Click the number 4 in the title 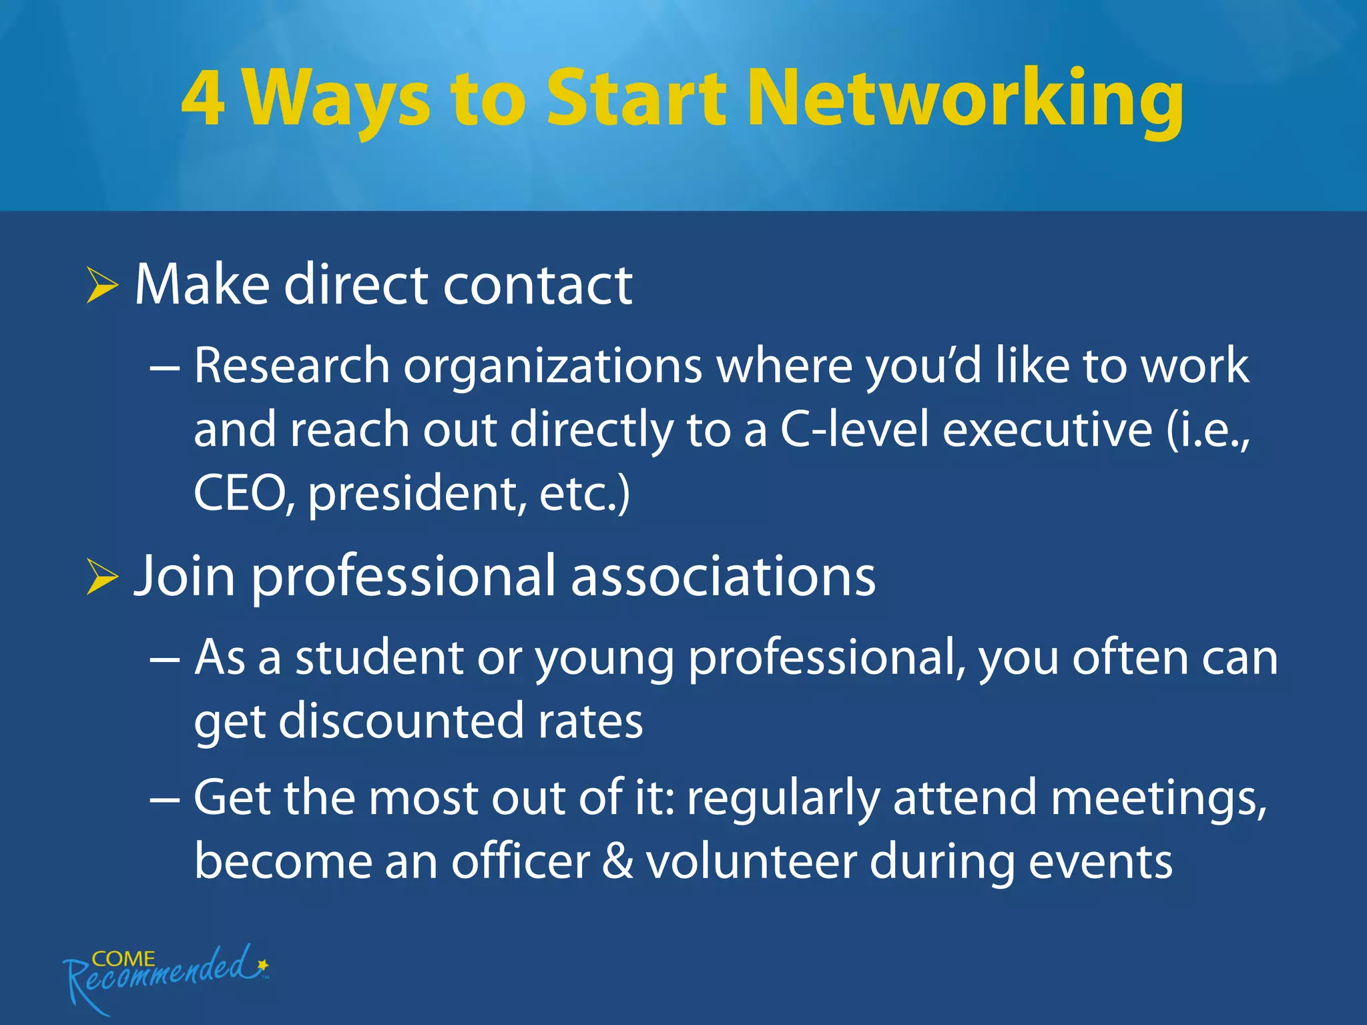(202, 98)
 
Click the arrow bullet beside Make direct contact (102, 287)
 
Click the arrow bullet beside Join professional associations (102, 577)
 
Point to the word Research (292, 366)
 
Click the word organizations (553, 369)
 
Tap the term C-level (854, 430)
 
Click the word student (380, 658)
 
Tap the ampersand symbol (617, 862)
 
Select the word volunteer (751, 862)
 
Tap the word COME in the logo (123, 959)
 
